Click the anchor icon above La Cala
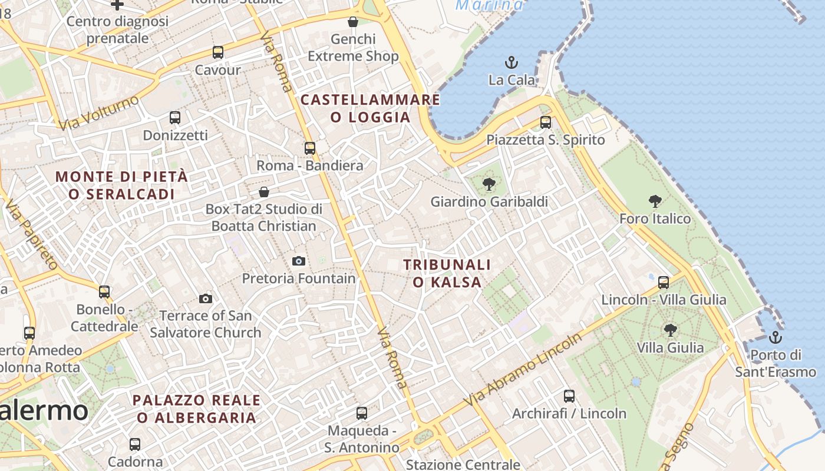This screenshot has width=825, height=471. click(x=511, y=62)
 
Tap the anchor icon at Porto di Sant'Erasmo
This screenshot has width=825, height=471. click(x=775, y=337)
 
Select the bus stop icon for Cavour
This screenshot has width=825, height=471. click(x=218, y=52)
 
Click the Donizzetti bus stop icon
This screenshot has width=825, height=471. click(x=175, y=117)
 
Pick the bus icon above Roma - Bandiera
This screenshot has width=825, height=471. click(x=310, y=148)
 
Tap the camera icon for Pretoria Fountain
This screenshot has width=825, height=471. click(x=299, y=261)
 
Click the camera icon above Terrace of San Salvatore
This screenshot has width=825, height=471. click(x=206, y=298)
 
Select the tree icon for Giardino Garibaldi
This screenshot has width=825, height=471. click(x=489, y=184)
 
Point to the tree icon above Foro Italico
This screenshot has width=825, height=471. click(x=655, y=201)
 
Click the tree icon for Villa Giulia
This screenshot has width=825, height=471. click(x=670, y=330)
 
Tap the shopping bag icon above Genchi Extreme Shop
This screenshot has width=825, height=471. click(x=353, y=22)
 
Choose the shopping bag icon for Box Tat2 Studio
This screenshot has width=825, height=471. click(x=264, y=191)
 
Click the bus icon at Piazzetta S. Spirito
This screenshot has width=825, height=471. click(x=546, y=122)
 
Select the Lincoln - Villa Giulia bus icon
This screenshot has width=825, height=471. click(x=664, y=282)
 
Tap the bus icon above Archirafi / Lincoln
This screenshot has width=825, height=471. click(x=569, y=396)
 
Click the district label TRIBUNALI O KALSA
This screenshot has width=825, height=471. click(x=447, y=274)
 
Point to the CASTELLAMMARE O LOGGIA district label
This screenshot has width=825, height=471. click(x=371, y=108)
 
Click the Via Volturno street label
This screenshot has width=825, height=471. click(x=98, y=112)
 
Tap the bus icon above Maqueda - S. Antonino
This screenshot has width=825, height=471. click(x=362, y=413)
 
